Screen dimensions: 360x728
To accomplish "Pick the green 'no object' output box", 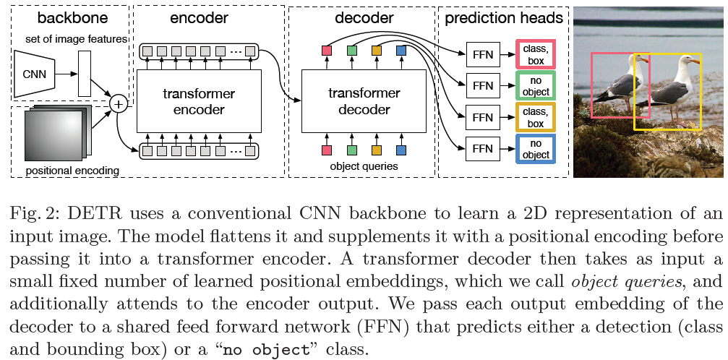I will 535,85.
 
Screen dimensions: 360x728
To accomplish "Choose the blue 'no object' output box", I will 535,148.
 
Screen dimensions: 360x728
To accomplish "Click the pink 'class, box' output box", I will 535,53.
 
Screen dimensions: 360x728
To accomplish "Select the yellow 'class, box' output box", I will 535,117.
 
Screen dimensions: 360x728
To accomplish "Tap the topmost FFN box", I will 482,53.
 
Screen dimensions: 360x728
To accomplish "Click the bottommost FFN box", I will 482,148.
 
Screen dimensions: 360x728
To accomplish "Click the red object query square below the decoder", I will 326,150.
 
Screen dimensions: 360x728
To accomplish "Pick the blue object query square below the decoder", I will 401,150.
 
